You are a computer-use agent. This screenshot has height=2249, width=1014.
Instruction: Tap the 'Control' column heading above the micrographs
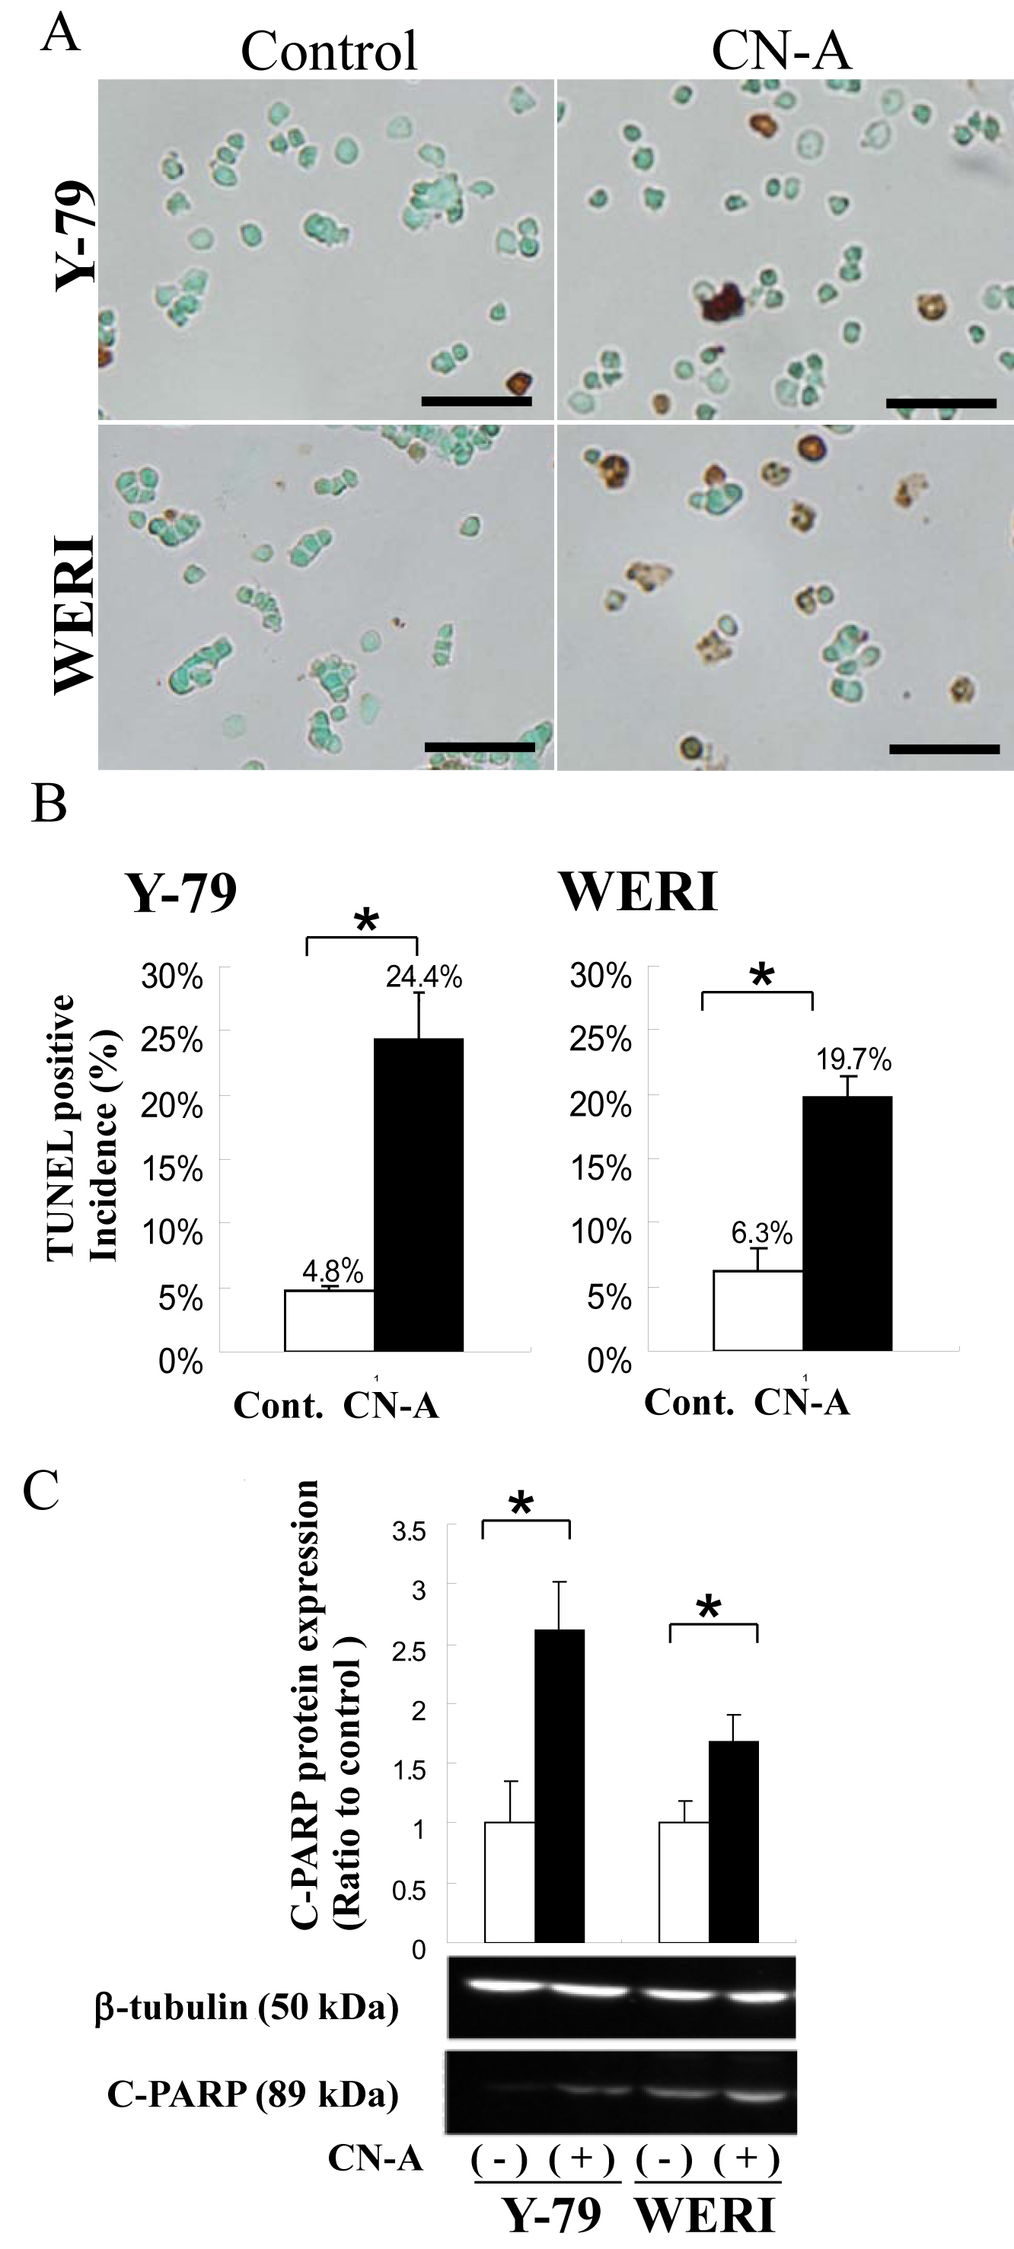point(330,51)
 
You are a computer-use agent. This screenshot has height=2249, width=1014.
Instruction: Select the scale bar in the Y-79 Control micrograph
point(476,401)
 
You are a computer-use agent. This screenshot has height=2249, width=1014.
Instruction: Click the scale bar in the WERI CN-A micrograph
point(944,748)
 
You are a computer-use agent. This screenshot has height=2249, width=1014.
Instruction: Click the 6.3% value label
point(761,1233)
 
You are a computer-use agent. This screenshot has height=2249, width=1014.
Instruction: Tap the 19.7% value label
point(853,1060)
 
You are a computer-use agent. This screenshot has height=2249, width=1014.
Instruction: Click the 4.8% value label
point(333,1271)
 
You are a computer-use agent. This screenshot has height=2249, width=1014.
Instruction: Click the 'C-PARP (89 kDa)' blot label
point(253,2093)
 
